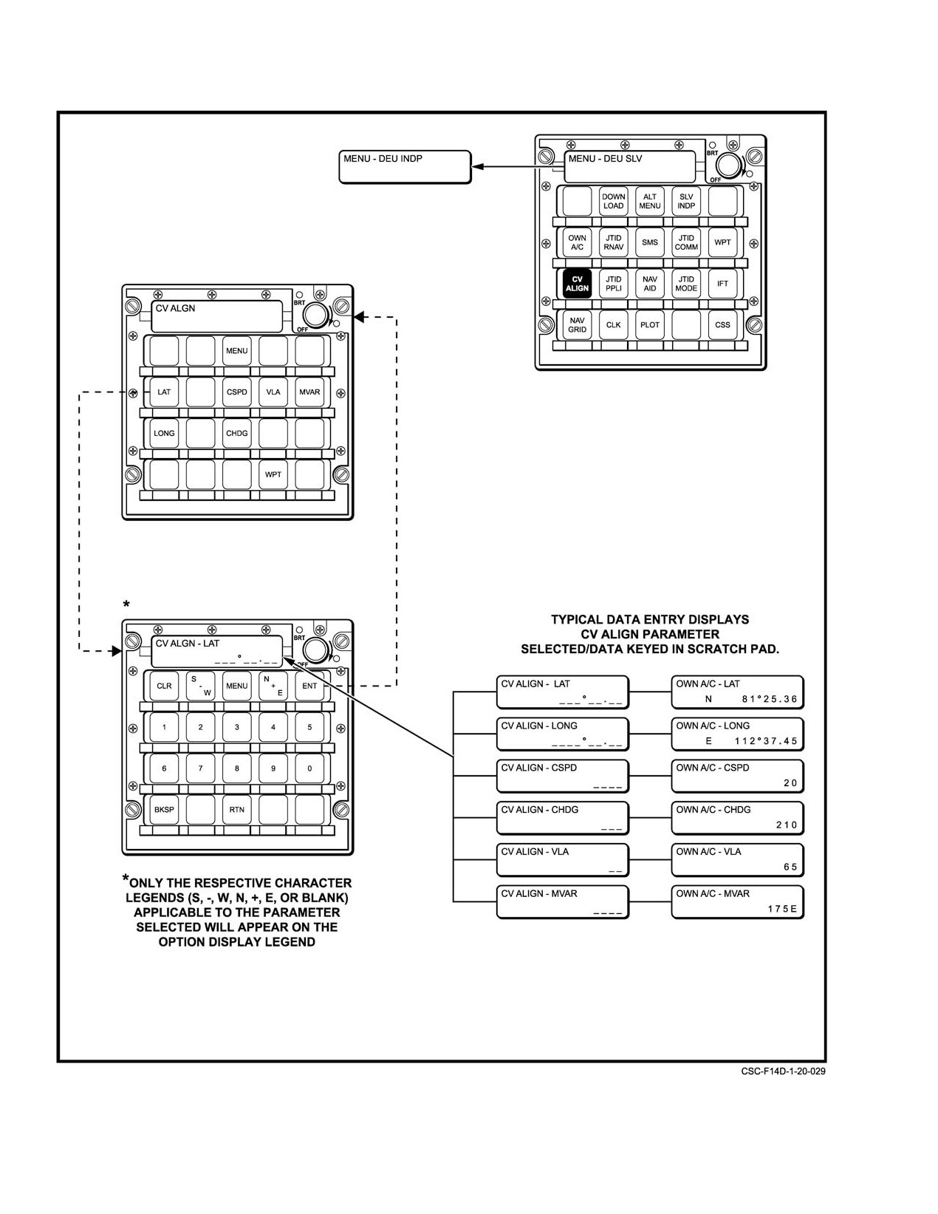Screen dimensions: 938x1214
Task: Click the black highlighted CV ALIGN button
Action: click(577, 284)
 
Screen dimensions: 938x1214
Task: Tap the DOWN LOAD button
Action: click(613, 201)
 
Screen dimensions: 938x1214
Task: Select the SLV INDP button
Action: click(686, 201)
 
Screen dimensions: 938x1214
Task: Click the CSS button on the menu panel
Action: click(722, 325)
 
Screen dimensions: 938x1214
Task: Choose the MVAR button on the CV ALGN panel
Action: click(309, 392)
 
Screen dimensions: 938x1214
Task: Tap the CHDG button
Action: click(237, 434)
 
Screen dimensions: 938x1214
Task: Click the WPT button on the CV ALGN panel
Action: click(273, 475)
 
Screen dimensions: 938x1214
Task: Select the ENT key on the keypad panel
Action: click(309, 686)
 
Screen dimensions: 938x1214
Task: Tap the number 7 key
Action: click(200, 768)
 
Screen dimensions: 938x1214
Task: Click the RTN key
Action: click(237, 810)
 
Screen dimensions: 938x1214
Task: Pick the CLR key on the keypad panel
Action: click(164, 686)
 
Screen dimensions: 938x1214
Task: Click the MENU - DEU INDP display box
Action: click(405, 167)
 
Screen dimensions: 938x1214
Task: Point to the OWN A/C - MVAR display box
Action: click(738, 902)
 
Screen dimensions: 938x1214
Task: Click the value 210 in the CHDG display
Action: click(787, 825)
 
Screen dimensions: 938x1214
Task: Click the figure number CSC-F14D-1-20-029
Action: click(784, 1071)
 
